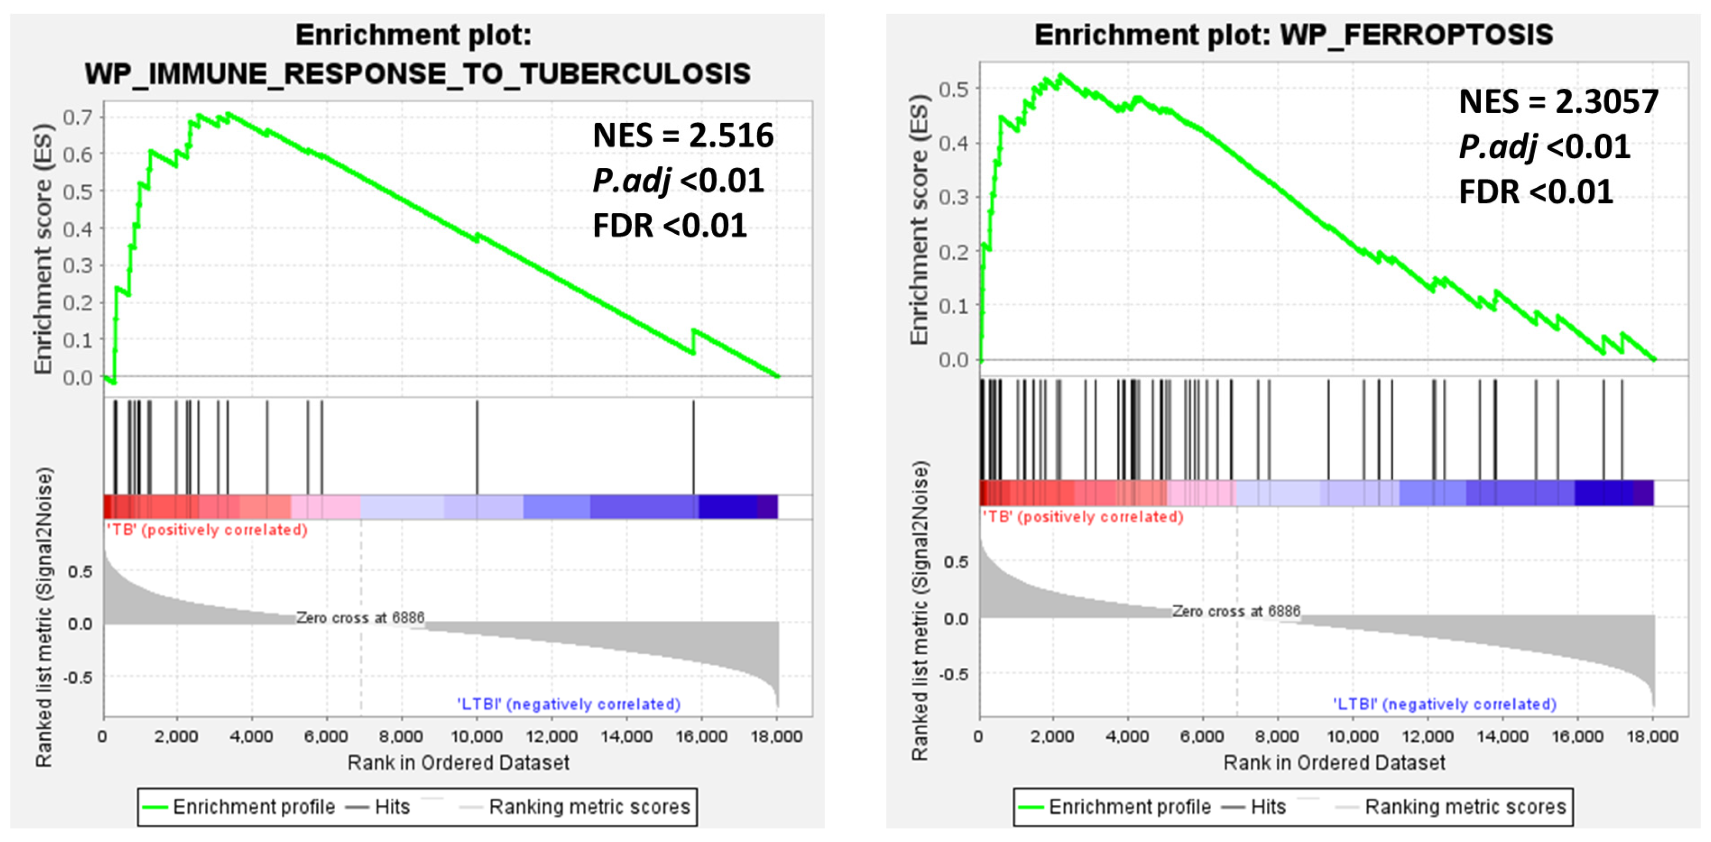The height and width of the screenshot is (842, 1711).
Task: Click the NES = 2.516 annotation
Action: [x=683, y=136]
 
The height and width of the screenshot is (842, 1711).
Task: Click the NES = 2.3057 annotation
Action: [x=1558, y=102]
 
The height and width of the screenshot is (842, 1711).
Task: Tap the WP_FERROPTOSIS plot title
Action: [x=1293, y=34]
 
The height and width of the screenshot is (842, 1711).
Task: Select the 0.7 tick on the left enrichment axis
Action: [x=77, y=117]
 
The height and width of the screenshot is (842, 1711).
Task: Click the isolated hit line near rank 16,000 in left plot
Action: [x=693, y=446]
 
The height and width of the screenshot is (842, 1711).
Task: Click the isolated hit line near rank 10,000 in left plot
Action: [x=477, y=446]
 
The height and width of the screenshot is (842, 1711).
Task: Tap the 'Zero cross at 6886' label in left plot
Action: [x=360, y=618]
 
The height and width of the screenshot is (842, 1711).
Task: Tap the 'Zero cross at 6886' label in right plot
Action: [x=1236, y=611]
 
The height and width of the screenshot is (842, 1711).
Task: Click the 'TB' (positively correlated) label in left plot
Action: [x=207, y=530]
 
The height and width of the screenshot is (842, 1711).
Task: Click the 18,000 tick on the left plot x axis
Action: [x=776, y=737]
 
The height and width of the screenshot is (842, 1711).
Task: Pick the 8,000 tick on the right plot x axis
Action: [x=1277, y=737]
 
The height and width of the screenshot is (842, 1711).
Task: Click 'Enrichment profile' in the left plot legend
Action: [x=254, y=807]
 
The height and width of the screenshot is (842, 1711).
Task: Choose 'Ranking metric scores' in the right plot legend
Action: [x=1465, y=807]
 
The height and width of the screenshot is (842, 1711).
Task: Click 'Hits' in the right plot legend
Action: [x=1268, y=807]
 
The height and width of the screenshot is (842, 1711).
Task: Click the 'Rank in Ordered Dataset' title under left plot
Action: [x=458, y=762]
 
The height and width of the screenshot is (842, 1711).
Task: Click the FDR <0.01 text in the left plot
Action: [x=669, y=226]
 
